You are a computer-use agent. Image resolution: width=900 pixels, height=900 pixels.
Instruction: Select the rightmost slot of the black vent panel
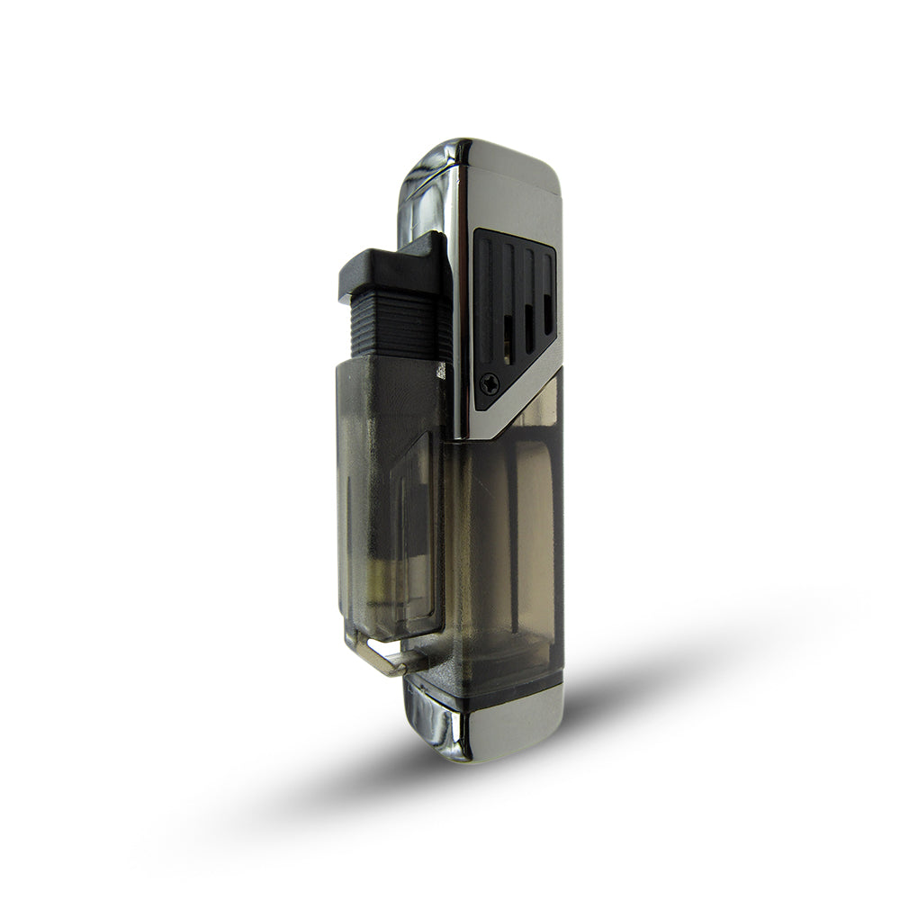point(547,288)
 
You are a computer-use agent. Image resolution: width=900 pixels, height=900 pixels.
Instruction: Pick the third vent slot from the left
point(529,301)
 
